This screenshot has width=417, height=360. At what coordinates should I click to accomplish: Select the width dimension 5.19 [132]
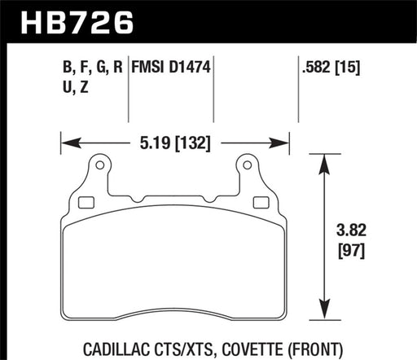click(175, 144)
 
